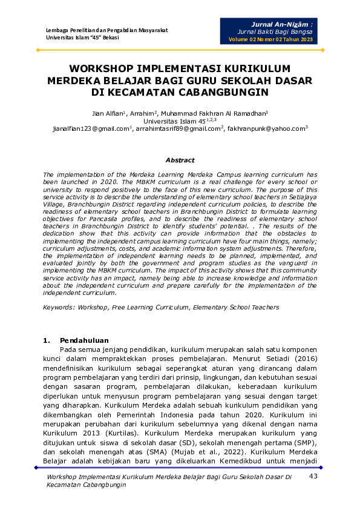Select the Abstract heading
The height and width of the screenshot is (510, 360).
(180, 160)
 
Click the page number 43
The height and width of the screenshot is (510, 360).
(313, 477)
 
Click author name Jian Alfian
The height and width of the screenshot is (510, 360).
(108, 113)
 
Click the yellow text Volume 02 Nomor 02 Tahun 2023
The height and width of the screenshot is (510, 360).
(270, 39)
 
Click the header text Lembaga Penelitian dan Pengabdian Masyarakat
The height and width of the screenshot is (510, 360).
(106, 30)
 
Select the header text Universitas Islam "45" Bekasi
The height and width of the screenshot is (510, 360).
(82, 38)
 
